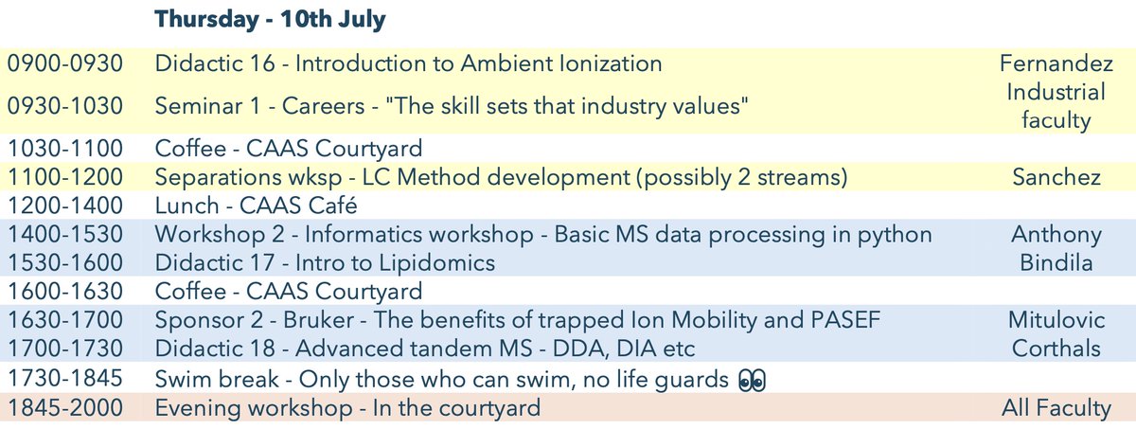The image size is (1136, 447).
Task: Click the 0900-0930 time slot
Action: pos(65,64)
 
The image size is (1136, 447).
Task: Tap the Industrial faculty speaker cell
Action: pos(1056,106)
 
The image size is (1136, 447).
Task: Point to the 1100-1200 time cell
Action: pos(65,176)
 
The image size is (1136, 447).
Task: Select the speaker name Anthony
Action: pos(1056,234)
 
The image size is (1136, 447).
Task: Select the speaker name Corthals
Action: pos(1056,349)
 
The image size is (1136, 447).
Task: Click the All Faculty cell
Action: pos(1056,408)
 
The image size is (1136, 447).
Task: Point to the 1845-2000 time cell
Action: pos(65,408)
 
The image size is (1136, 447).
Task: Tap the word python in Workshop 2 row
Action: pos(899,234)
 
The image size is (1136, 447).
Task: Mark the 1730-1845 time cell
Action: pos(65,380)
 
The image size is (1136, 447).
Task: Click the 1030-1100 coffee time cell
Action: pos(65,148)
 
